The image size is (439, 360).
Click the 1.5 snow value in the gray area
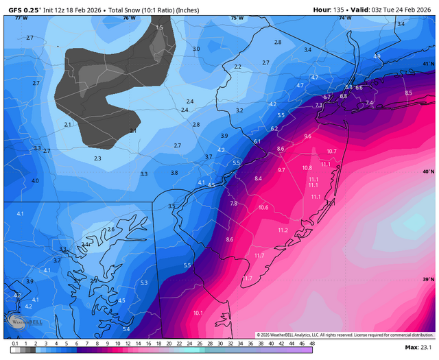click(160, 27)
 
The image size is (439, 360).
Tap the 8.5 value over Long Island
click(409, 93)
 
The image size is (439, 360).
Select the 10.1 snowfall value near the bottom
click(198, 313)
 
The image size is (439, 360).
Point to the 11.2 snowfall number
click(283, 230)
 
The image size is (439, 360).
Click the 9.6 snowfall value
click(307, 136)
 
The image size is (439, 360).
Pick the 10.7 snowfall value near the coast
click(331, 151)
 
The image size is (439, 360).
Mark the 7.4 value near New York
click(369, 103)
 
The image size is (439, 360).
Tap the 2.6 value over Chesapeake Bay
click(110, 229)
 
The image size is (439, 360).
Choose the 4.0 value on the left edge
click(35, 180)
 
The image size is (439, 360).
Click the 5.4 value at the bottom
click(126, 329)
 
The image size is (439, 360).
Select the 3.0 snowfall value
click(196, 49)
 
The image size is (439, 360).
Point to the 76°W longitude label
click(128, 18)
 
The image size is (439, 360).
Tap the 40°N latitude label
click(428, 171)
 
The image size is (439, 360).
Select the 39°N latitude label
click(428, 279)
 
